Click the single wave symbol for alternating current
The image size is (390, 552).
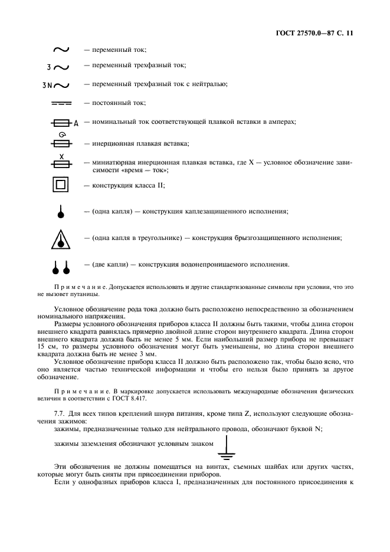coord(61,51)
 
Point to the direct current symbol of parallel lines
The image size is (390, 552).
coord(61,103)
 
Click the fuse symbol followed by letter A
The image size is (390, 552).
coord(64,123)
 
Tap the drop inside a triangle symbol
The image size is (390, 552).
coord(61,239)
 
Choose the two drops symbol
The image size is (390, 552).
coord(61,267)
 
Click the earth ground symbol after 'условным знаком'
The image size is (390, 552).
coord(223,448)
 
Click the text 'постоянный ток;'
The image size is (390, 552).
coord(115,103)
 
